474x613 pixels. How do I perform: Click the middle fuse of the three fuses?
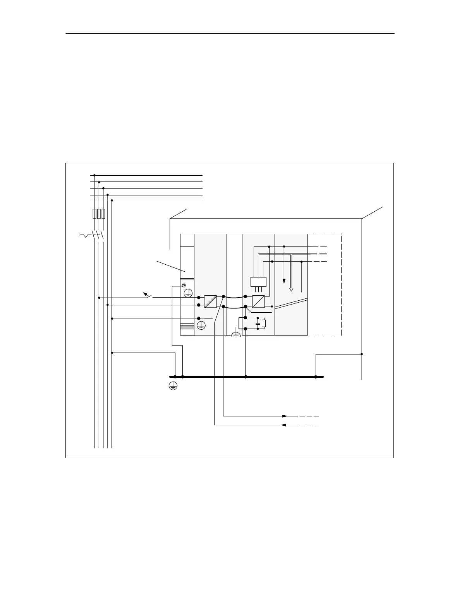pyautogui.click(x=99, y=214)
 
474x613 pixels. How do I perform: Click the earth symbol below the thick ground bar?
pyautogui.click(x=173, y=385)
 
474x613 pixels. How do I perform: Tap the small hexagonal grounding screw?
pyautogui.click(x=184, y=286)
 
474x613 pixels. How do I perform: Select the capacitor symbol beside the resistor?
pyautogui.click(x=258, y=323)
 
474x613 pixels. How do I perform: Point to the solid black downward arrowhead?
pyautogui.click(x=284, y=281)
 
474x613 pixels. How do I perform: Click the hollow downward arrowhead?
pyautogui.click(x=292, y=289)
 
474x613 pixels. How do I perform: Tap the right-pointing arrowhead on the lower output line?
pyautogui.click(x=285, y=416)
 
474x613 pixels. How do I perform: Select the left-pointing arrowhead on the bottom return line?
pyautogui.click(x=283, y=425)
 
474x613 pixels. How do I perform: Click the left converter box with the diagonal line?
pyautogui.click(x=210, y=301)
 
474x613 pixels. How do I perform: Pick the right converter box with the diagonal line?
pyautogui.click(x=258, y=301)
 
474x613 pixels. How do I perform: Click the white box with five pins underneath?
pyautogui.click(x=259, y=282)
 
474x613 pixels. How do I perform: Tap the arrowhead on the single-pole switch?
pyautogui.click(x=145, y=293)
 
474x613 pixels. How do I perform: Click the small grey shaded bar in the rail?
pyautogui.click(x=187, y=328)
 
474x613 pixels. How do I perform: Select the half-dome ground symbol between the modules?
pyautogui.click(x=236, y=334)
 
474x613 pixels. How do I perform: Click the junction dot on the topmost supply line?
pyautogui.click(x=94, y=175)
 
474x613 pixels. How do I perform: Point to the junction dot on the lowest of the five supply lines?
pyautogui.click(x=112, y=200)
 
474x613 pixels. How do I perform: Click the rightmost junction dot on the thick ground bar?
pyautogui.click(x=316, y=377)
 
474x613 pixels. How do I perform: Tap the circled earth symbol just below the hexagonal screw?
pyautogui.click(x=188, y=293)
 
